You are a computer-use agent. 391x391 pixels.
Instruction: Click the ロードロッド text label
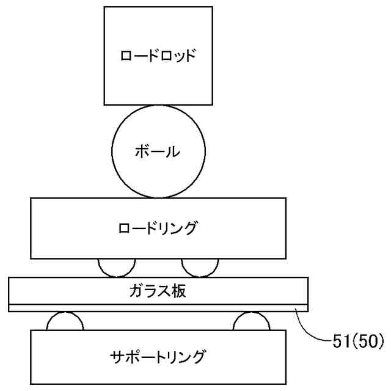pos(158,56)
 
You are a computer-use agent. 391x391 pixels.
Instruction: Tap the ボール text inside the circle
pos(158,150)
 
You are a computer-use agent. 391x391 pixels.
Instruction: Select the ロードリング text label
pos(158,228)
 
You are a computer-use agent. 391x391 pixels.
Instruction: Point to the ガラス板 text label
pos(158,290)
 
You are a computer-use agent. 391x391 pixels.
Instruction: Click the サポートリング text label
pos(158,356)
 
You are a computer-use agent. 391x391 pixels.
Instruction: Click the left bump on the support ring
pos(65,321)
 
